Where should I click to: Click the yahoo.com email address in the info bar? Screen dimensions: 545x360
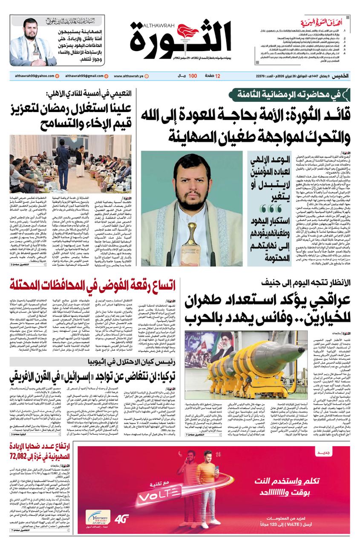coord(32,76)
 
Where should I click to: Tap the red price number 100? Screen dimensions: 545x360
coord(193,76)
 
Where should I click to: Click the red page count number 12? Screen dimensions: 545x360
coord(218,76)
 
